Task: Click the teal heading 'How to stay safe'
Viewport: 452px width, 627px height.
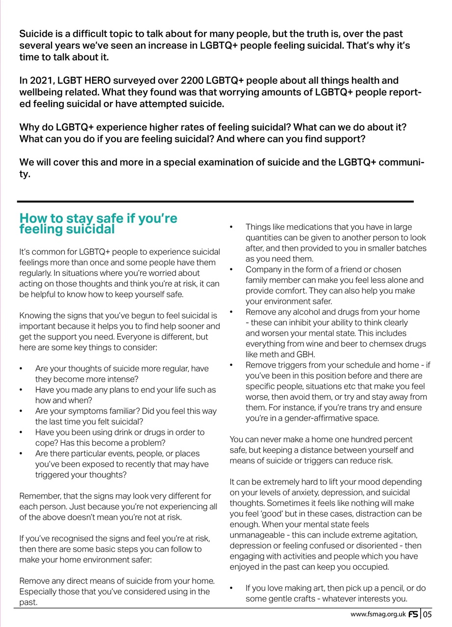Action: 98,223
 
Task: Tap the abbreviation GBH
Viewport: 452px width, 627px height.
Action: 306,354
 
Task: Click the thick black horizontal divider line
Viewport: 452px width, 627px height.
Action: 216,201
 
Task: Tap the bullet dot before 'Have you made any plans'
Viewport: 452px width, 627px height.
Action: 21,390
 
